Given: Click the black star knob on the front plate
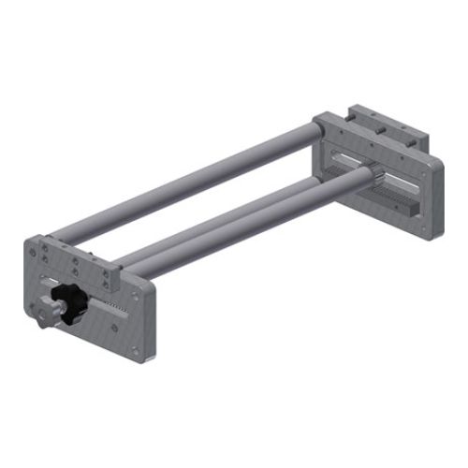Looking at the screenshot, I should (71, 300).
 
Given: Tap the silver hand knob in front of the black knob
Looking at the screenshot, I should (49, 313).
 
